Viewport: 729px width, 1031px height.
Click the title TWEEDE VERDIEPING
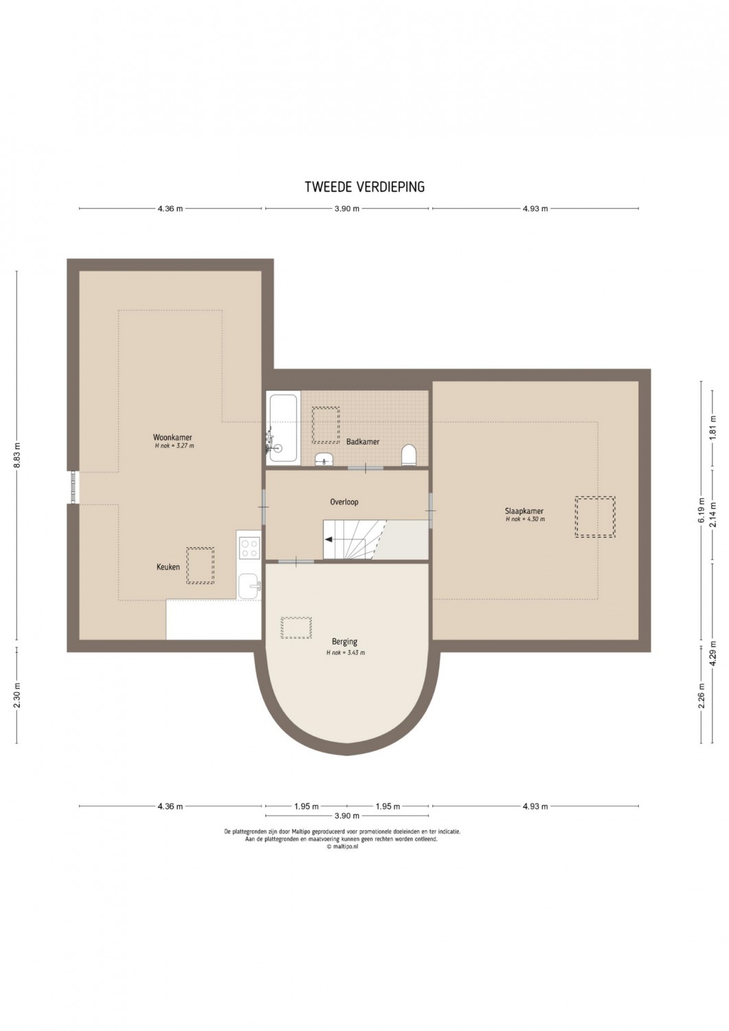[x=364, y=186]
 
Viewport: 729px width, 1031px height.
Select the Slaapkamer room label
[x=525, y=511]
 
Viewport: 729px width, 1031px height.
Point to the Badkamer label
[x=363, y=442]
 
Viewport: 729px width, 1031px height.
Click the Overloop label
[x=344, y=502]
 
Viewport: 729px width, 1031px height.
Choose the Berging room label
[x=345, y=641]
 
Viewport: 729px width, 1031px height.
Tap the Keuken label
[x=168, y=568]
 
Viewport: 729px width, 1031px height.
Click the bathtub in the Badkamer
[x=282, y=427]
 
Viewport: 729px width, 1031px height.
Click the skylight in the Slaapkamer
[x=594, y=516]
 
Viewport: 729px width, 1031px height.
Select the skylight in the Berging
[x=296, y=628]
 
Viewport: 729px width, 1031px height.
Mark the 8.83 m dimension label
[x=17, y=455]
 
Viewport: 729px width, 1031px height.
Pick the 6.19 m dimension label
[x=702, y=510]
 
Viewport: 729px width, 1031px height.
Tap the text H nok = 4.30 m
[x=525, y=519]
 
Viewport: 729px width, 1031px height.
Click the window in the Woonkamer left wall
[x=74, y=487]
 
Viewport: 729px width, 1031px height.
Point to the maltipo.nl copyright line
[x=342, y=846]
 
